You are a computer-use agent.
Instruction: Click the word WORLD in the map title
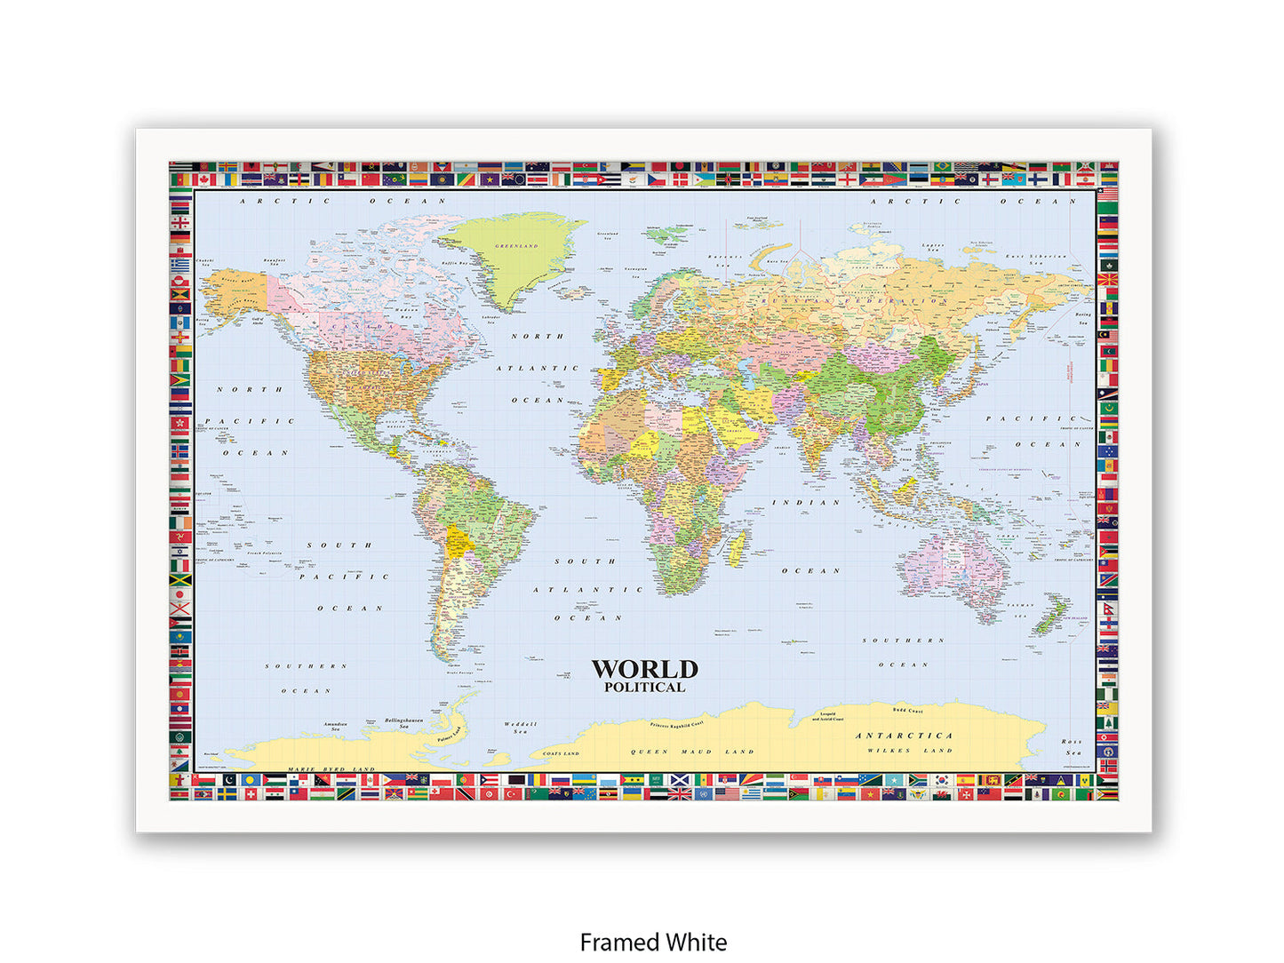(x=644, y=669)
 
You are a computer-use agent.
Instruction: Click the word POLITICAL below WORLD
(x=644, y=687)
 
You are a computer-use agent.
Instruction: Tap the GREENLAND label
(x=516, y=246)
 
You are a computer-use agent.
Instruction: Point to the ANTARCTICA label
(x=904, y=736)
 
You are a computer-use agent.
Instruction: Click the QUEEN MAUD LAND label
(x=692, y=752)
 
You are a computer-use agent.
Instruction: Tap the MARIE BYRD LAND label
(x=331, y=769)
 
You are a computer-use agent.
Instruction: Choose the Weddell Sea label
(x=520, y=728)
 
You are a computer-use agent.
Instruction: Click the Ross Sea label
(x=1073, y=746)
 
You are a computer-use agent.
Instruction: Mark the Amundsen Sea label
(x=335, y=726)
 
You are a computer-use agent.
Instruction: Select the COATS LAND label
(x=561, y=753)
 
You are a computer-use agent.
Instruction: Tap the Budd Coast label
(x=907, y=711)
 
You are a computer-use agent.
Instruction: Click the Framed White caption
(x=653, y=942)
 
